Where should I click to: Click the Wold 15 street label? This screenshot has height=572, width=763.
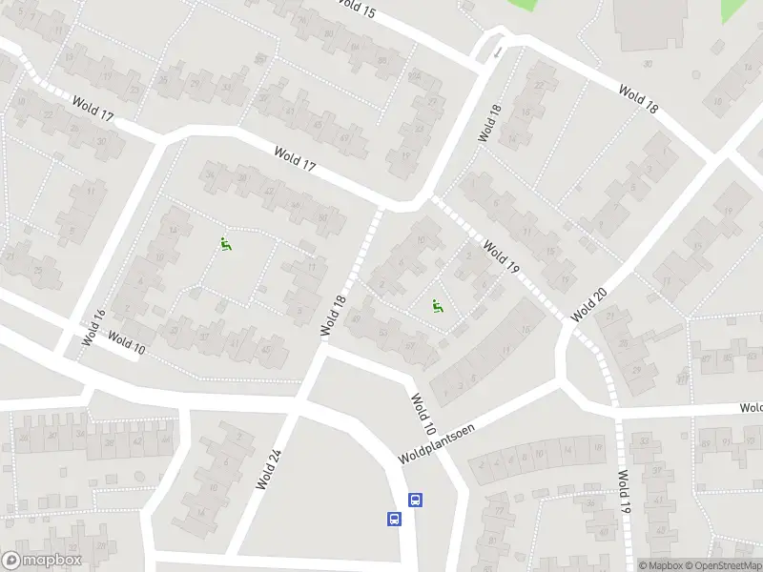[357, 10]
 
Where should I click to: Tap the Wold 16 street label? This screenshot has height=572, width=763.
[92, 327]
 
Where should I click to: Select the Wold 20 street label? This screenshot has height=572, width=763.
[588, 303]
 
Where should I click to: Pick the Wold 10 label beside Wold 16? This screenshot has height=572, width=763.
[126, 343]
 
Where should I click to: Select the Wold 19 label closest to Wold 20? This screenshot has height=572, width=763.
[500, 257]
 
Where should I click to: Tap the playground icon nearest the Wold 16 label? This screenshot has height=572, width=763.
[226, 244]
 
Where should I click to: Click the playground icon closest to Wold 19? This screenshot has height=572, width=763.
[438, 306]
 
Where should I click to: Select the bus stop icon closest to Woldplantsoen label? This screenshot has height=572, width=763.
[416, 500]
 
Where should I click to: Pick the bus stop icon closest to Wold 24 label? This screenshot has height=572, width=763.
[393, 520]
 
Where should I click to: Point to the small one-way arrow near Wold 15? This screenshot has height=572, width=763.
[497, 49]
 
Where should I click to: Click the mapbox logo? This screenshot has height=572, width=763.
[40, 561]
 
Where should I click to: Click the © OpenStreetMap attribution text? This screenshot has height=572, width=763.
[725, 565]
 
